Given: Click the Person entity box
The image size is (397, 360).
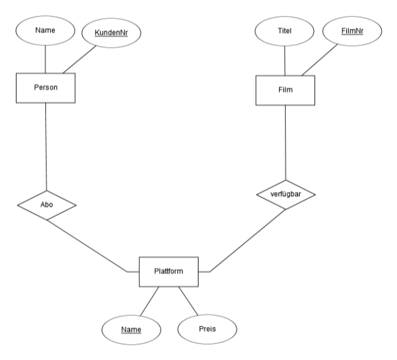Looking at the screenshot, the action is (x=46, y=88).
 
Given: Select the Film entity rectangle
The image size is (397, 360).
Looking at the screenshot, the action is (x=285, y=90).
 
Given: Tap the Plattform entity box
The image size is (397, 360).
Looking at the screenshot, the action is (x=169, y=272).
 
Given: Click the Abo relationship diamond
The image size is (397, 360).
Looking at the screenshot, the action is (x=46, y=205).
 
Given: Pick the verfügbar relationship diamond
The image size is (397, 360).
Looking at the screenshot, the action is (x=286, y=194).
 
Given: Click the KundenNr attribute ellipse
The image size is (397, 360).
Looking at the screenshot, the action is (x=111, y=33).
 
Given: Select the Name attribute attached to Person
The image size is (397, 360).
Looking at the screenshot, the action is (x=45, y=31).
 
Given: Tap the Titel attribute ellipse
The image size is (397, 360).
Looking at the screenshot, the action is (x=285, y=31).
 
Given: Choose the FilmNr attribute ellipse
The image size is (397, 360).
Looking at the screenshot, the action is (x=352, y=31).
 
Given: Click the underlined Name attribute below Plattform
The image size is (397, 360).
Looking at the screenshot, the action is (x=131, y=330).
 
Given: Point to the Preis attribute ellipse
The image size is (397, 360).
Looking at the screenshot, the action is (x=208, y=329).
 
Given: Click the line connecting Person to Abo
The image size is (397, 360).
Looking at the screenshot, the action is (x=46, y=147).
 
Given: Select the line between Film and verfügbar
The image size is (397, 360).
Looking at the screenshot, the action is (x=286, y=142).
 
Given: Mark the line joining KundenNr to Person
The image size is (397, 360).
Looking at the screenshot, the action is (x=79, y=59).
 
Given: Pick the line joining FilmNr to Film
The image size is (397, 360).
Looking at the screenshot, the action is (x=320, y=60).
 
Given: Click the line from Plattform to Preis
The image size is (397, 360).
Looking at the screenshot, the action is (x=188, y=301).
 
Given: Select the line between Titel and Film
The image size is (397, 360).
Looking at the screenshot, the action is (x=285, y=61).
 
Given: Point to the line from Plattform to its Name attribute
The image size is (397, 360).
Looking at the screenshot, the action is (x=150, y=301).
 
